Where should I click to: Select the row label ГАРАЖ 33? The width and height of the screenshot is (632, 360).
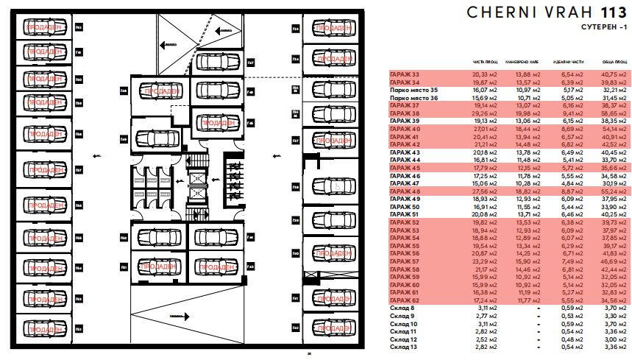point(404,74)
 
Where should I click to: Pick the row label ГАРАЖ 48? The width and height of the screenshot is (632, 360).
point(404,191)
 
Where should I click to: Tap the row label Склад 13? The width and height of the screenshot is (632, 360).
point(403,346)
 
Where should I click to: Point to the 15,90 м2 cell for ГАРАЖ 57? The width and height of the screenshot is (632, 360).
point(524,261)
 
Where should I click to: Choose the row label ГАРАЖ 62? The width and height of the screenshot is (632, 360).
point(404,300)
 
